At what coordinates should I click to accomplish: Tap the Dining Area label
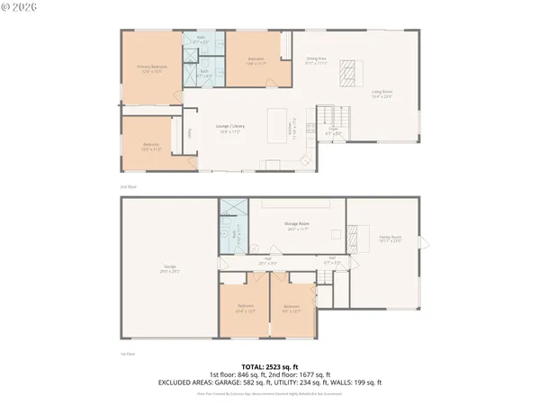point(315,60)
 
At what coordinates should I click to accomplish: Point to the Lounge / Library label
point(229,128)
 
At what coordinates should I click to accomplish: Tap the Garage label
point(169,267)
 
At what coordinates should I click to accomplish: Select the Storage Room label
point(297,228)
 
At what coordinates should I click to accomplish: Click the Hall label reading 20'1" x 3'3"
point(268,261)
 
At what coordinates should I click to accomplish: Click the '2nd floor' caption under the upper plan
point(129,186)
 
